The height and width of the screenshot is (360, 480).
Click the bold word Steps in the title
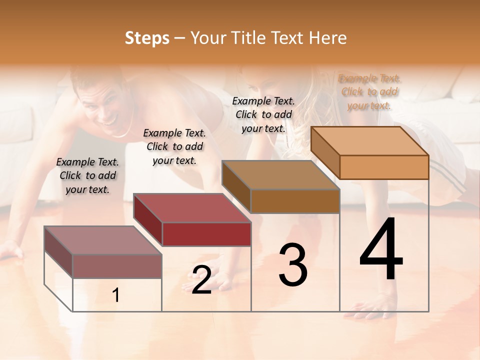point(147,38)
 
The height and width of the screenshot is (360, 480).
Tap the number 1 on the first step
point(116,295)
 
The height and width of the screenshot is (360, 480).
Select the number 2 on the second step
point(201,280)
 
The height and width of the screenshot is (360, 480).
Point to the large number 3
point(293,265)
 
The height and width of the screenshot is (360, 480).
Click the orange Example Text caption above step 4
point(369,91)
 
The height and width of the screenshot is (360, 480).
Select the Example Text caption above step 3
point(263,114)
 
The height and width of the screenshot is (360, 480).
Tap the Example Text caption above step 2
point(174,146)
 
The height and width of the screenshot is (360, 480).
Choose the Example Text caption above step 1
point(87,175)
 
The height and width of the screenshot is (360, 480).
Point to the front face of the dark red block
point(206,234)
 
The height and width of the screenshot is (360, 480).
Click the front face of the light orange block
point(384,167)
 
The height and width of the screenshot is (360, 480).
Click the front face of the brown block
point(295,201)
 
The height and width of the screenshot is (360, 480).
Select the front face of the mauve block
point(117,266)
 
